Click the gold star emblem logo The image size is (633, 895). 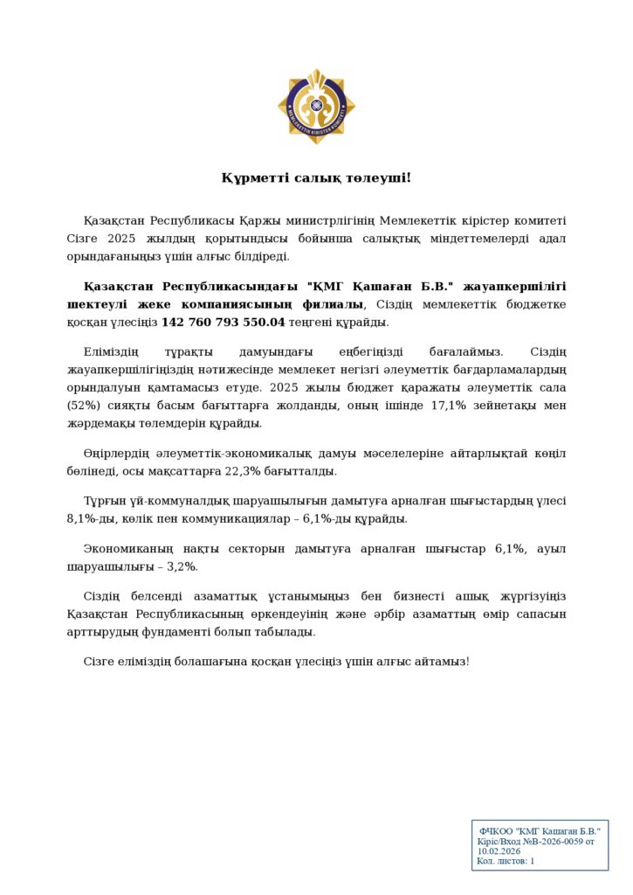click(316, 107)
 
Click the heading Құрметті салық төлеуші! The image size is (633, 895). click(316, 178)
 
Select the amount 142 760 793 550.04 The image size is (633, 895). click(224, 323)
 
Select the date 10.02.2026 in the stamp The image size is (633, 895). click(499, 850)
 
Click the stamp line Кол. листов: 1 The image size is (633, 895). click(506, 861)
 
